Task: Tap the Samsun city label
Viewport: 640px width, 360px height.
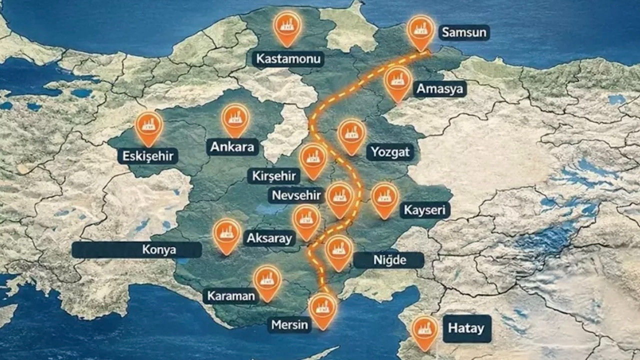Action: (463, 33)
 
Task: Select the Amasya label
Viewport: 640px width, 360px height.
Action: (440, 89)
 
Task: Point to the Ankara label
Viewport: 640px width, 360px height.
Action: (232, 147)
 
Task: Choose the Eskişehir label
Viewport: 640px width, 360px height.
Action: (148, 156)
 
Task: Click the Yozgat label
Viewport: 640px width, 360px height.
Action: (390, 152)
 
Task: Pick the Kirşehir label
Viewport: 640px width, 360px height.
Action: (274, 176)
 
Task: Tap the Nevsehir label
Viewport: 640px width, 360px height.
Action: (296, 195)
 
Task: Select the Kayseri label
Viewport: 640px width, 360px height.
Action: (425, 210)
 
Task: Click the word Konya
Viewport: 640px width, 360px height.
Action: (159, 249)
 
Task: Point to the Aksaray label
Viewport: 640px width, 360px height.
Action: (269, 238)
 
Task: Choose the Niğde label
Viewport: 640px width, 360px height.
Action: (389, 260)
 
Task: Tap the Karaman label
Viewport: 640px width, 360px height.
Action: (231, 295)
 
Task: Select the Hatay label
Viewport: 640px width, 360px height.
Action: (466, 328)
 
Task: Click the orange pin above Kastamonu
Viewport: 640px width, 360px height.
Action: (287, 26)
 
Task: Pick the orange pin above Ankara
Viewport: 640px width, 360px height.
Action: (235, 118)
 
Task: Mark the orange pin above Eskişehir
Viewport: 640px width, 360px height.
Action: (149, 126)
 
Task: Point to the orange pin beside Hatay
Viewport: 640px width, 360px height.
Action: (425, 330)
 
